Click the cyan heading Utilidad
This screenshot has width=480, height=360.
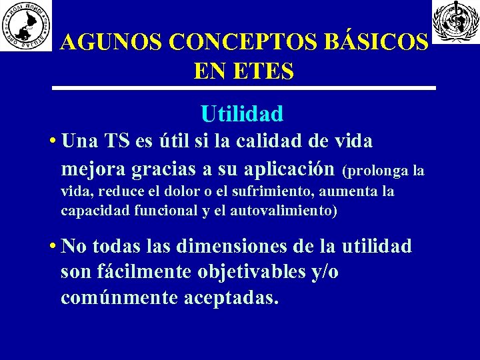[x=241, y=114]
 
